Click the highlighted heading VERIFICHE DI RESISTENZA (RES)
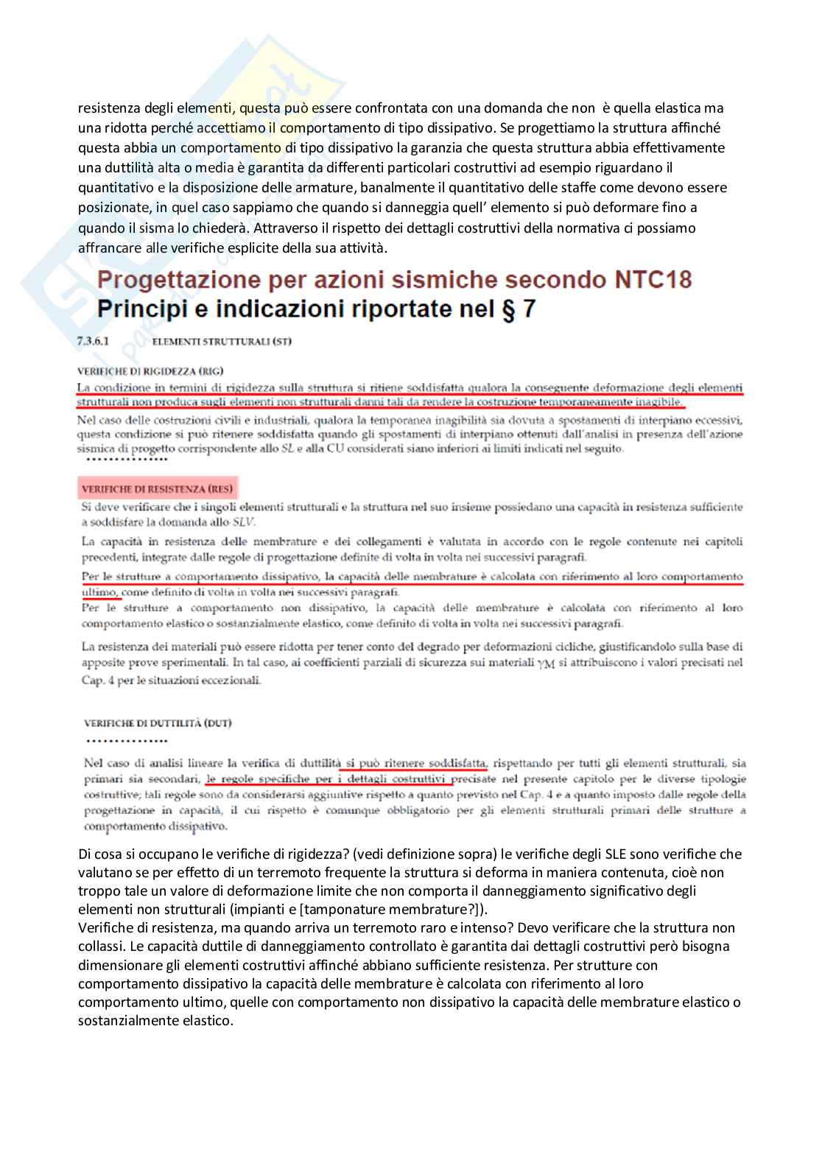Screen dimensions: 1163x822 [x=158, y=488]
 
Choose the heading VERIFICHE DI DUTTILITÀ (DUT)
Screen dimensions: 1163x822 [x=158, y=723]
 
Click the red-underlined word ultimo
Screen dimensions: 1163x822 [x=99, y=591]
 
